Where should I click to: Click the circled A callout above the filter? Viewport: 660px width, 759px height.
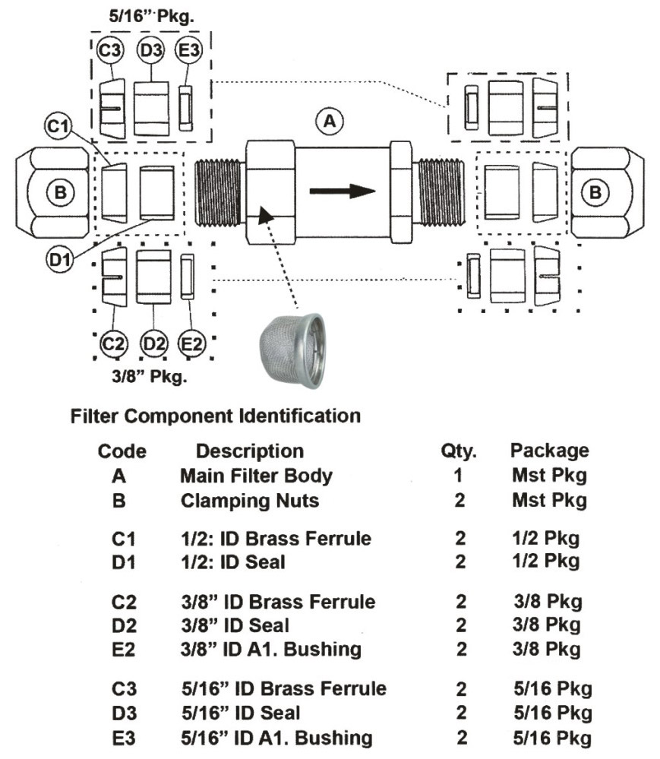[330, 120]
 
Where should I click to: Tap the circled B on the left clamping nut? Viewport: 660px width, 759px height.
[57, 191]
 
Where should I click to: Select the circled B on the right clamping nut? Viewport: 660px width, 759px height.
[595, 191]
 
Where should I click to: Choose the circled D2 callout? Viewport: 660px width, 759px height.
[154, 344]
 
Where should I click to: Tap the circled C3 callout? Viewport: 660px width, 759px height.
[109, 52]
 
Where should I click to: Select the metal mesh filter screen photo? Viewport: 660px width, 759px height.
[293, 350]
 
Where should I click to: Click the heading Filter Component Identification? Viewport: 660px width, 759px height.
[215, 416]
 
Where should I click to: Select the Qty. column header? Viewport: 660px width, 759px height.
[458, 451]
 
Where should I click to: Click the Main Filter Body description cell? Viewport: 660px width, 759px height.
[256, 476]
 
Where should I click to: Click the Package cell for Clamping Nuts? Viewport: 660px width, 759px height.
[549, 501]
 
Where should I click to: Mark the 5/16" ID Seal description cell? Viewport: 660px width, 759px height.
[241, 713]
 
